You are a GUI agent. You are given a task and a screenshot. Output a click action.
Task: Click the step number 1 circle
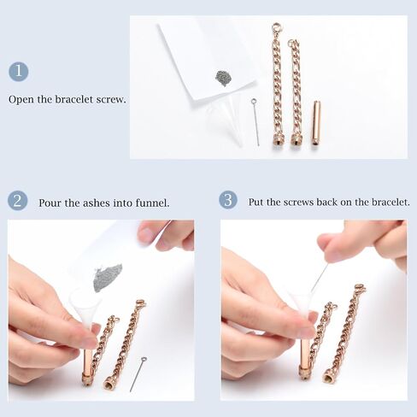point(19,71)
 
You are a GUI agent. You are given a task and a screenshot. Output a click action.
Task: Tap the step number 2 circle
point(18,201)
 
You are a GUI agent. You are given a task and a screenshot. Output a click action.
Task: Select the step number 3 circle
point(228,200)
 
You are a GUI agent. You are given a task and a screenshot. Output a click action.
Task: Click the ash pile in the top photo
point(225,79)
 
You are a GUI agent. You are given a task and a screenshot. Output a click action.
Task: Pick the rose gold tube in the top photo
point(316,122)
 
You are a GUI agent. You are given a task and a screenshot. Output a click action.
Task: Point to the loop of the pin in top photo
point(253,101)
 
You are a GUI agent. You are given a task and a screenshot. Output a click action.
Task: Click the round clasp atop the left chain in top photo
point(277,28)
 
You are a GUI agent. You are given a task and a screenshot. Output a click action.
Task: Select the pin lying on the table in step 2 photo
point(138,374)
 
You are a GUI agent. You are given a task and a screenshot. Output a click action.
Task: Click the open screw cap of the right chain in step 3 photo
point(329,379)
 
